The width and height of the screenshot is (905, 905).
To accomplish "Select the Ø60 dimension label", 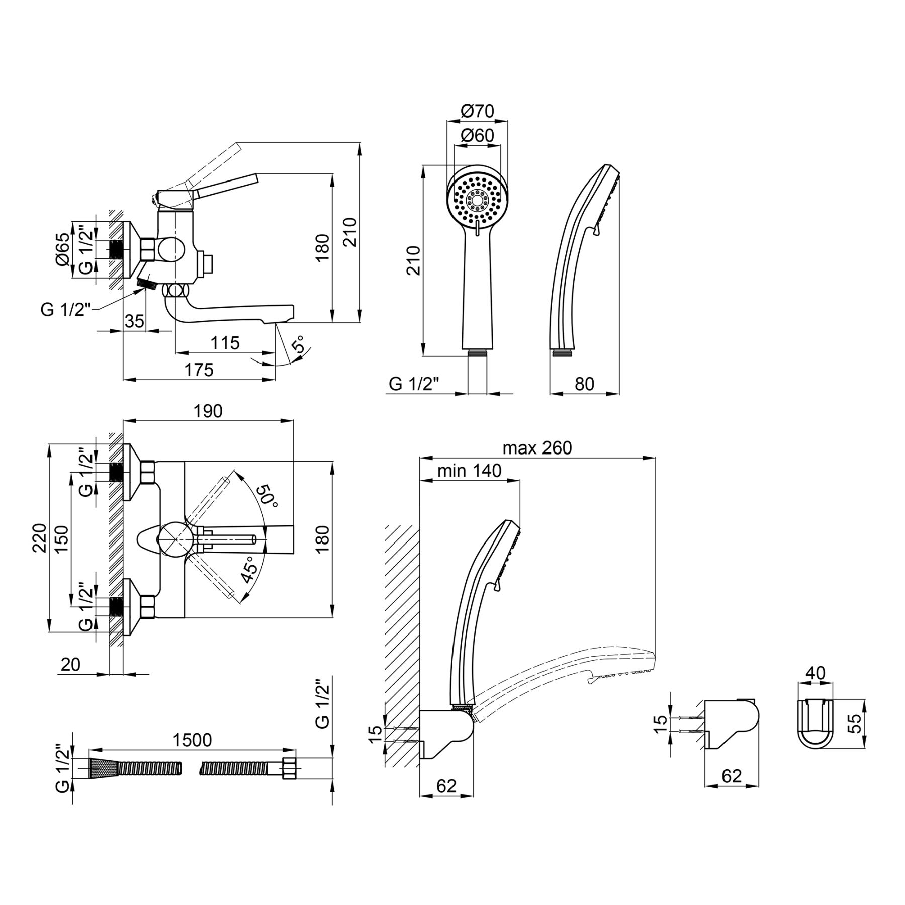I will [477, 136].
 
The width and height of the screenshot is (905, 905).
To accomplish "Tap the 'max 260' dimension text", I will [537, 447].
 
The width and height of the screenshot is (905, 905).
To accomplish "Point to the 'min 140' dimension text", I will [470, 471].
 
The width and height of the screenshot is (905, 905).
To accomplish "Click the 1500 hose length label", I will [192, 740].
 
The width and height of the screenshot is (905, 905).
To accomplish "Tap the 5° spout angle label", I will [298, 346].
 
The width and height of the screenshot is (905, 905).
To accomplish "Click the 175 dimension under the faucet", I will [199, 370].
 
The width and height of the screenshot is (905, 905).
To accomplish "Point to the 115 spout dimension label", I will [225, 343].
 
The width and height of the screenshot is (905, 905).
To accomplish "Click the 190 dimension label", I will [208, 411].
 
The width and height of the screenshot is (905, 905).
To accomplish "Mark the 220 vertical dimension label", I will [40, 538].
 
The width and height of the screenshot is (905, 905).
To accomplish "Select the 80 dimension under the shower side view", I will [584, 384].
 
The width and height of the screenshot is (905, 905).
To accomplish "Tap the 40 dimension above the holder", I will [815, 673].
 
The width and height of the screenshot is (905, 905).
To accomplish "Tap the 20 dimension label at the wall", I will [70, 665].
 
